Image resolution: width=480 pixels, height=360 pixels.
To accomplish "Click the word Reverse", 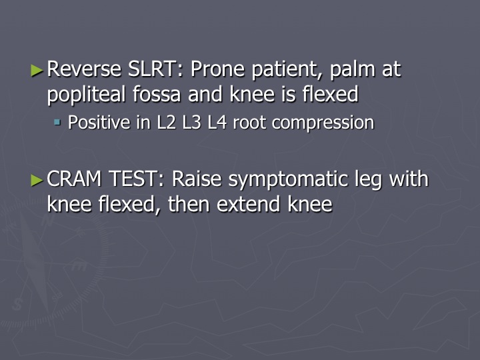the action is point(84,69).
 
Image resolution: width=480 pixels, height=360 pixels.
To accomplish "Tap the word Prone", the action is point(217,69).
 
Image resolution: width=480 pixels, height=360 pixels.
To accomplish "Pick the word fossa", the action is point(157,94).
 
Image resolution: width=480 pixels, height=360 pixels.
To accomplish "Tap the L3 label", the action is point(191,123).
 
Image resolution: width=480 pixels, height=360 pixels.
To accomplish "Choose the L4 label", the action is point(217,123).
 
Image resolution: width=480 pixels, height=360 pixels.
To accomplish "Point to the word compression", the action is point(323,124).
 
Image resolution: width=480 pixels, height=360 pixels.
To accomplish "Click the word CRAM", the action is point(74,179).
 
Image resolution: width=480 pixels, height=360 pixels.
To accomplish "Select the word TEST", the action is point(136,179).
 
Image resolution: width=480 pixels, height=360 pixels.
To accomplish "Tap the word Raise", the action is point(197,179).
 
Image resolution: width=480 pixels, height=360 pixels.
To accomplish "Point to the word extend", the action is point(248,203).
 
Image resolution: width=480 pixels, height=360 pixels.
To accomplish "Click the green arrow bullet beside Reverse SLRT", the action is point(37,71).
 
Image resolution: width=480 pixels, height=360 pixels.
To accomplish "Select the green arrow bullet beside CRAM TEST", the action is point(37,180).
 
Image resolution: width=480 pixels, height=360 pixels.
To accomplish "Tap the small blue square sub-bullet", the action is point(57,123).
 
